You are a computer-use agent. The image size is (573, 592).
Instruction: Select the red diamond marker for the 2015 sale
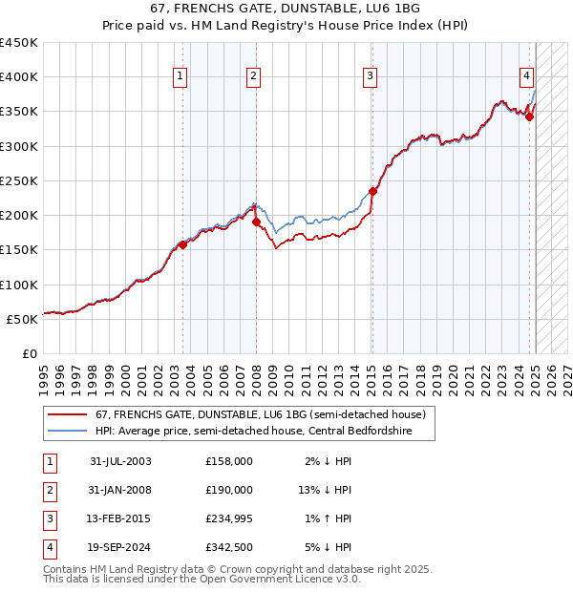click(373, 191)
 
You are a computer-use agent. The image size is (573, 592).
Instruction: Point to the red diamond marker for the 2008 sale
click(257, 222)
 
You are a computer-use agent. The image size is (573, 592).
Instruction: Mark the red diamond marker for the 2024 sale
click(530, 116)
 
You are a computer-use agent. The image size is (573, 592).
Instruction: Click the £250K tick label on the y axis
click(19, 180)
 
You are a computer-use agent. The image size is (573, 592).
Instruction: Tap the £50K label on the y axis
click(23, 319)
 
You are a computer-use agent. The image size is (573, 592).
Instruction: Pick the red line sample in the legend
click(68, 414)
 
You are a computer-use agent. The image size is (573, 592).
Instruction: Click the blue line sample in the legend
click(68, 431)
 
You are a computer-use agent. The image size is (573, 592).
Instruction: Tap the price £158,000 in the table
click(229, 461)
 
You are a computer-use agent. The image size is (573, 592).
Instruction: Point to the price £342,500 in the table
click(229, 548)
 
